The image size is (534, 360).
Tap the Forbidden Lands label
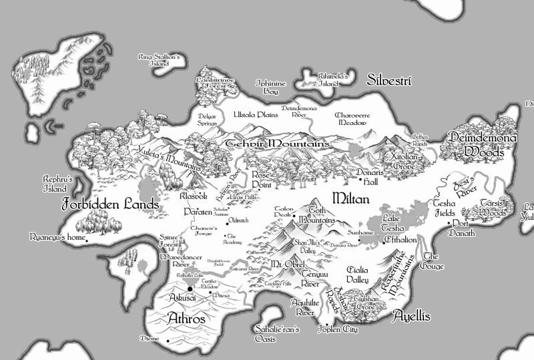pos(110,204)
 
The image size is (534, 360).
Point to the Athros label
pos(186,317)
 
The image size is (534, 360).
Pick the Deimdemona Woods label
pos(483,144)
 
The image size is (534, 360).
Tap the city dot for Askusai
pos(190,289)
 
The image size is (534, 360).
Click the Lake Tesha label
pos(394,223)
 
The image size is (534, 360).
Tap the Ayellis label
pos(411,315)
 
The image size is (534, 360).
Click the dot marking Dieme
pos(168,342)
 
